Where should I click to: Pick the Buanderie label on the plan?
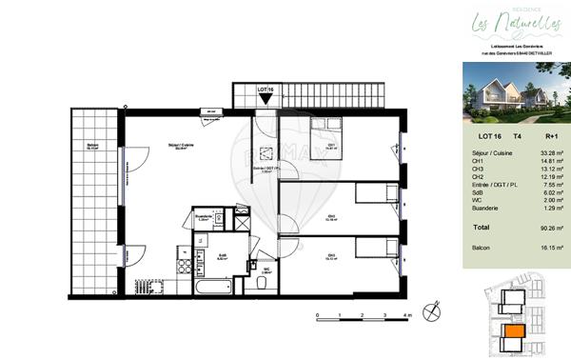point(202,216)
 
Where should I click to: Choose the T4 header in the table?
point(517,137)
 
